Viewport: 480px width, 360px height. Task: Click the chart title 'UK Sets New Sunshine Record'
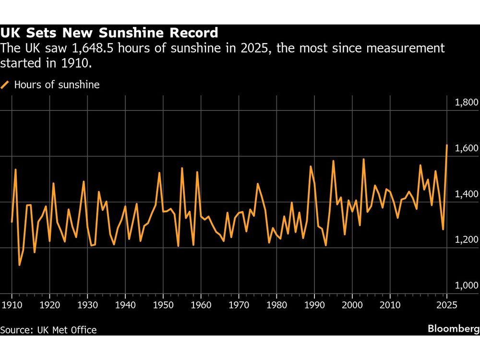click(109, 33)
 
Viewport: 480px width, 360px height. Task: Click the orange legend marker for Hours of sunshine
click(5, 85)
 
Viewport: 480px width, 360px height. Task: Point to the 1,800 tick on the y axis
click(465, 102)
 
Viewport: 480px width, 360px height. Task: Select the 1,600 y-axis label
click(465, 148)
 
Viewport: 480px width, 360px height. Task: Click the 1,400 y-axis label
click(465, 194)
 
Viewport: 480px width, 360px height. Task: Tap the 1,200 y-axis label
click(465, 240)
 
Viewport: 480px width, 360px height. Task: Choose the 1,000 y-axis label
click(465, 286)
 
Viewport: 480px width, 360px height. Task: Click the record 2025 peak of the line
click(447, 145)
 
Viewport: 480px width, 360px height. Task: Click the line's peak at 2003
click(363, 159)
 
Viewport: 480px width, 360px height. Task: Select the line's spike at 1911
click(15, 169)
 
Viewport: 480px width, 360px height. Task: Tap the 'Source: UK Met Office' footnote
click(48, 330)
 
